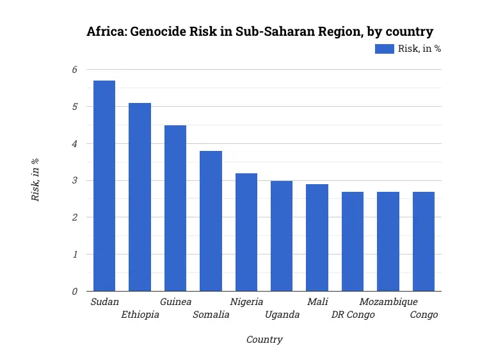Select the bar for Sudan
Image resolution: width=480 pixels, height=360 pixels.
tap(104, 185)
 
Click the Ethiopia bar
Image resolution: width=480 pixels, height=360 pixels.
tap(140, 197)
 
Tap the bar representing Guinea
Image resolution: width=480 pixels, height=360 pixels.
tap(175, 208)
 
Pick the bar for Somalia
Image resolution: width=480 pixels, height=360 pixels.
tap(211, 221)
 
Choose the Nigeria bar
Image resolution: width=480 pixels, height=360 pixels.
tap(246, 232)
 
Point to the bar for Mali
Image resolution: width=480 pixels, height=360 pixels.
tap(317, 237)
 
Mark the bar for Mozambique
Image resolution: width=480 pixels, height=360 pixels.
tap(388, 241)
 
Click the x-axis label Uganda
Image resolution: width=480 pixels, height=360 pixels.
tap(282, 315)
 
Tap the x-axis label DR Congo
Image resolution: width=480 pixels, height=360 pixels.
tap(353, 315)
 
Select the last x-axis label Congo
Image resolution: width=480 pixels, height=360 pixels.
tap(424, 315)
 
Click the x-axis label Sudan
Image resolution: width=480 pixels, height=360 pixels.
tap(104, 302)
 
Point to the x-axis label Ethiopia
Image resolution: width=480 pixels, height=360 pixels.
tap(140, 315)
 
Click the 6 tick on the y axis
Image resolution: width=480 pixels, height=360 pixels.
tap(74, 70)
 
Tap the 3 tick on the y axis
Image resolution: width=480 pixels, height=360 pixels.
tap(74, 180)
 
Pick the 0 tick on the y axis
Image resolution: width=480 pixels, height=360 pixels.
tap(74, 291)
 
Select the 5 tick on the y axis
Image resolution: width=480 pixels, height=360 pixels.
tap(74, 107)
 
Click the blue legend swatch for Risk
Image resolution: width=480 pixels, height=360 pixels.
tap(384, 49)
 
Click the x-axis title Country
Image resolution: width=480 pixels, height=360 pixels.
tap(264, 340)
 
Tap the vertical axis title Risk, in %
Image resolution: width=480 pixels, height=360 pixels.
tap(36, 180)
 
